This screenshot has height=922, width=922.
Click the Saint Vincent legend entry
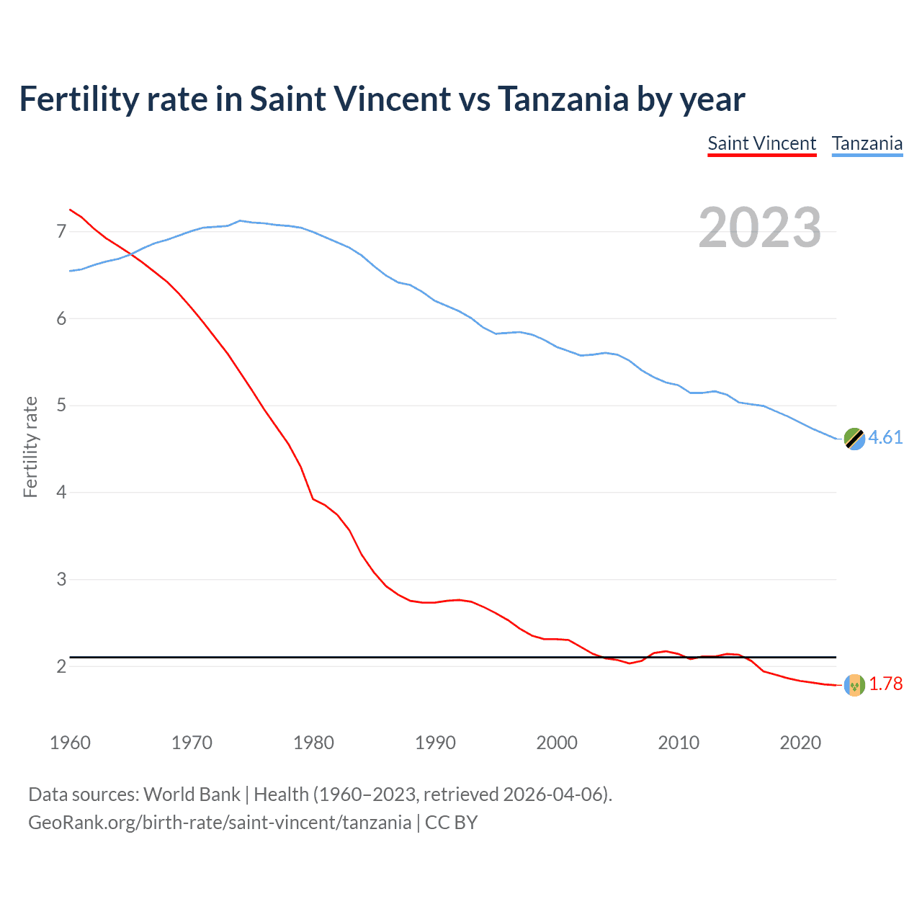pyautogui.click(x=761, y=143)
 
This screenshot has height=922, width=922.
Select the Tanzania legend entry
pyautogui.click(x=867, y=143)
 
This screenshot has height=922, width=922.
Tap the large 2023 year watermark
pyautogui.click(x=759, y=228)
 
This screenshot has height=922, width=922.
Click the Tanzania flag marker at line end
pyautogui.click(x=854, y=438)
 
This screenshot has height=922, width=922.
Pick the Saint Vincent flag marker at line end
pyautogui.click(x=854, y=684)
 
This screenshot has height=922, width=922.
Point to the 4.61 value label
pyautogui.click(x=885, y=437)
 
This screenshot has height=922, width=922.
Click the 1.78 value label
pyautogui.click(x=885, y=684)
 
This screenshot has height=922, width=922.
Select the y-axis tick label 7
pyautogui.click(x=61, y=231)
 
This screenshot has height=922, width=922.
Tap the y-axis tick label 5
pyautogui.click(x=61, y=406)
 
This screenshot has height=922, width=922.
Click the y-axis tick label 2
pyautogui.click(x=61, y=666)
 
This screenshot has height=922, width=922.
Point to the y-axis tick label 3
pyautogui.click(x=61, y=579)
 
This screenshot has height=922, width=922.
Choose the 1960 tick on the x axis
pyautogui.click(x=70, y=743)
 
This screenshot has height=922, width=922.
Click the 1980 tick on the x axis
pyautogui.click(x=313, y=743)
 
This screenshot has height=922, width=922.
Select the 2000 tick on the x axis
pyautogui.click(x=557, y=743)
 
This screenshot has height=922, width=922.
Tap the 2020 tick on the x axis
pyautogui.click(x=800, y=743)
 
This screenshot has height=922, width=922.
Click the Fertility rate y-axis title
pyautogui.click(x=30, y=447)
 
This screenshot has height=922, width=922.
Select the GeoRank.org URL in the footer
pyautogui.click(x=220, y=823)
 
